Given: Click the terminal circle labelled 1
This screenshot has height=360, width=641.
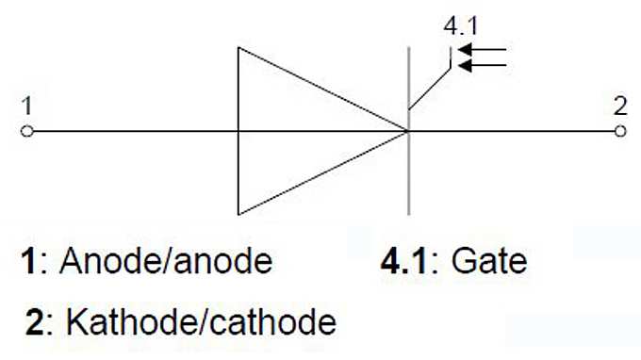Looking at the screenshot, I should [x=27, y=131].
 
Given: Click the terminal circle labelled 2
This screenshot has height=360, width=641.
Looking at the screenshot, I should [x=619, y=131].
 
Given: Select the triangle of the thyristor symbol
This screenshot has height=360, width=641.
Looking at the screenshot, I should [x=292, y=131].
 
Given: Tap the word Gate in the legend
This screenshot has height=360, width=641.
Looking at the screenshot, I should [x=489, y=260].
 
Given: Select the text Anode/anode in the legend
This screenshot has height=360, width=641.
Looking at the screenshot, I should [x=166, y=260].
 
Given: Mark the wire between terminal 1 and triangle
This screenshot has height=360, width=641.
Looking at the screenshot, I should [x=132, y=131].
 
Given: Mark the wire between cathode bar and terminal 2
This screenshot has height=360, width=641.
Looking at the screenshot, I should [x=514, y=131].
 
